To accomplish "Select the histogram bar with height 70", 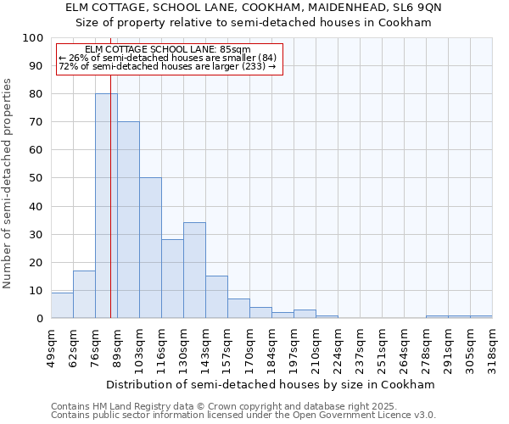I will pyautogui.click(x=128, y=220).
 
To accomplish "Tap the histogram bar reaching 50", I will pyautogui.click(x=150, y=248).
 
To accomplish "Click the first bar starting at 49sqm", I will pyautogui.click(x=62, y=305).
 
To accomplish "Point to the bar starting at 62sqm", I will pyautogui.click(x=84, y=294).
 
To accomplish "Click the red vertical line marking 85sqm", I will pyautogui.click(x=110, y=195).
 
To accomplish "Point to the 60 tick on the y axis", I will pyautogui.click(x=36, y=150).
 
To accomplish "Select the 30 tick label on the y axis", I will pyautogui.click(x=36, y=234).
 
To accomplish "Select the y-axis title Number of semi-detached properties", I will pyautogui.click(x=8, y=183).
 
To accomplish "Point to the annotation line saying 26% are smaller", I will pyautogui.click(x=168, y=58).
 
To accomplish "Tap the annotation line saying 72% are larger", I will pyautogui.click(x=168, y=66).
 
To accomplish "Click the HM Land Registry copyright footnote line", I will pyautogui.click(x=218, y=406).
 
